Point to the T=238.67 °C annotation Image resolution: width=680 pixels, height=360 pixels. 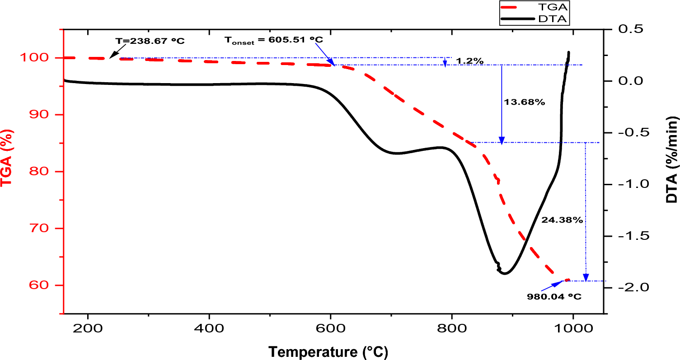150,40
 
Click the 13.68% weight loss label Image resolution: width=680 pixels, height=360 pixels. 524,102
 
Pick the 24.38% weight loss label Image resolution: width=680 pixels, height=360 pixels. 562,220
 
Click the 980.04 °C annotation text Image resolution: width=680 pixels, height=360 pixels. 554,297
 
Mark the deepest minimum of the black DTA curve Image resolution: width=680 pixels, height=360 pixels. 505,274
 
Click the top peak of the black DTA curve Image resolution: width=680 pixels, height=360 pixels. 568,52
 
